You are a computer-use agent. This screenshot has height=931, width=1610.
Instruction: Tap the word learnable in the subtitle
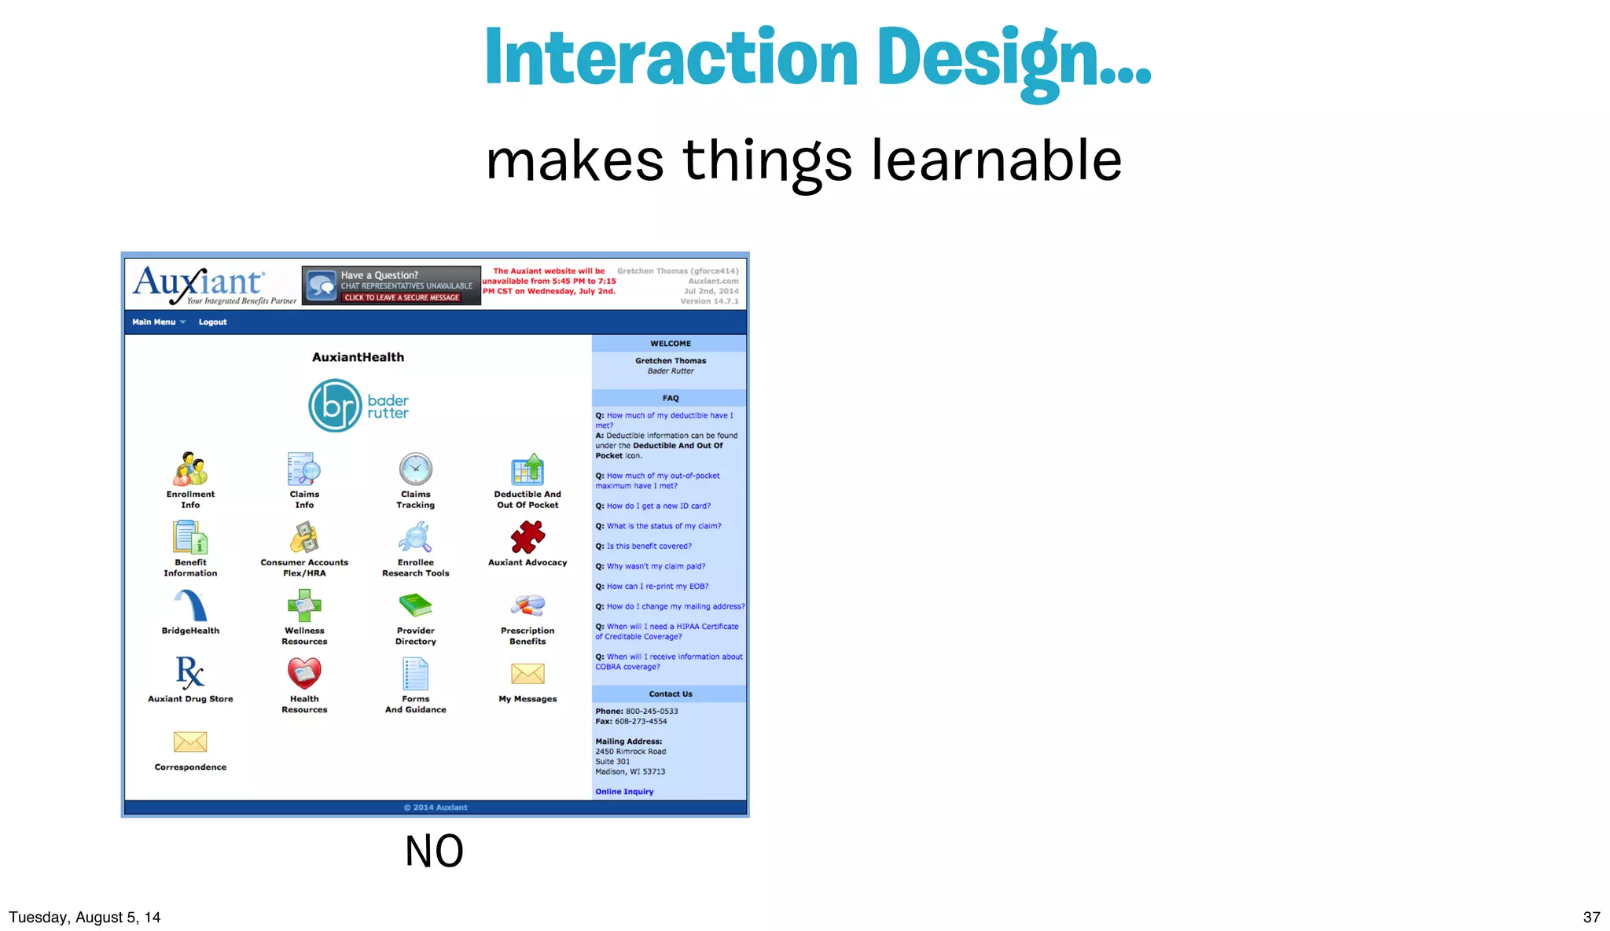click(x=996, y=160)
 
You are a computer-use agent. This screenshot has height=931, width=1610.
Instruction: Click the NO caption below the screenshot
click(x=434, y=851)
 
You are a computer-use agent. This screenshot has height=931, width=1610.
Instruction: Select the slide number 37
click(x=1591, y=917)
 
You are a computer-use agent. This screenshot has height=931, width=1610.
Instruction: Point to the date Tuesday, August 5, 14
click(x=85, y=917)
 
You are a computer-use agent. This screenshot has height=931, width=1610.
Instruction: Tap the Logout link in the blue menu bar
click(x=212, y=322)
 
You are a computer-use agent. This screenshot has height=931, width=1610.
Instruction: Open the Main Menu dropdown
click(x=158, y=322)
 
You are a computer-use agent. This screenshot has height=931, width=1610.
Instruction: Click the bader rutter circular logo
click(x=334, y=406)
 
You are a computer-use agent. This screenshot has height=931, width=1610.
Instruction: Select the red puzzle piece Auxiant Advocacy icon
click(x=527, y=538)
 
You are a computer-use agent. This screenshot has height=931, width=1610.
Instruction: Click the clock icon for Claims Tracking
click(x=415, y=469)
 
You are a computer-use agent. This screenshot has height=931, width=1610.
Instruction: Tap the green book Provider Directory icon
click(x=415, y=605)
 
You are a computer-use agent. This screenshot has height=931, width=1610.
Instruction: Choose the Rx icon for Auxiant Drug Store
click(x=190, y=673)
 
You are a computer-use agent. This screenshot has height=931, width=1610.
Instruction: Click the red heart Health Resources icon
click(x=304, y=673)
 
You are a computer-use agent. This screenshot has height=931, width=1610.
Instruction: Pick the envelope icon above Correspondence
click(x=190, y=741)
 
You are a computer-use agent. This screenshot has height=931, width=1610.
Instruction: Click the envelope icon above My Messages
click(x=527, y=673)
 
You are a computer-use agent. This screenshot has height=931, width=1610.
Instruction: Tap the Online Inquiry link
click(x=624, y=792)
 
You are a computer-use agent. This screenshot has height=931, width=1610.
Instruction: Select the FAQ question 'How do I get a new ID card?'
click(x=658, y=506)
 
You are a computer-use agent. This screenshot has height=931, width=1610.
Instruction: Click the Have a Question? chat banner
click(x=391, y=285)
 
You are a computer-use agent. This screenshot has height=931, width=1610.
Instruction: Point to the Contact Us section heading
click(x=670, y=694)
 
